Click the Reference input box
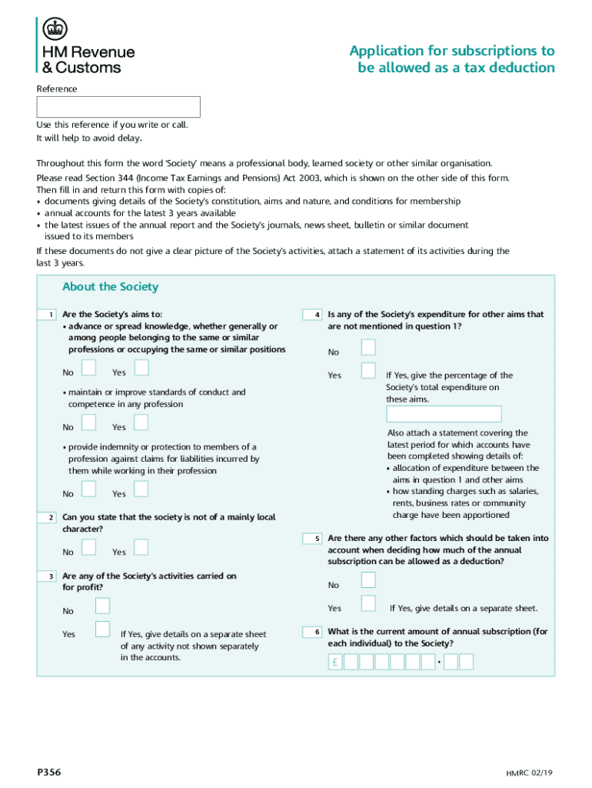(x=118, y=107)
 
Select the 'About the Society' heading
(x=110, y=287)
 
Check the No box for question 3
(x=102, y=606)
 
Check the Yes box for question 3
(x=102, y=629)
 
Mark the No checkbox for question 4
(x=369, y=347)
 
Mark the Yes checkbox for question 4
(x=369, y=371)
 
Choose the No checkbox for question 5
(x=369, y=579)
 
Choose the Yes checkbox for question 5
(x=369, y=603)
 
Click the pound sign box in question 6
(x=335, y=662)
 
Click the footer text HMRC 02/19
(x=530, y=772)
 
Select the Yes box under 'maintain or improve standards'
(x=141, y=422)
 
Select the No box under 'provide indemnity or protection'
(x=89, y=489)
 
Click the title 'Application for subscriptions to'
(x=451, y=51)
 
